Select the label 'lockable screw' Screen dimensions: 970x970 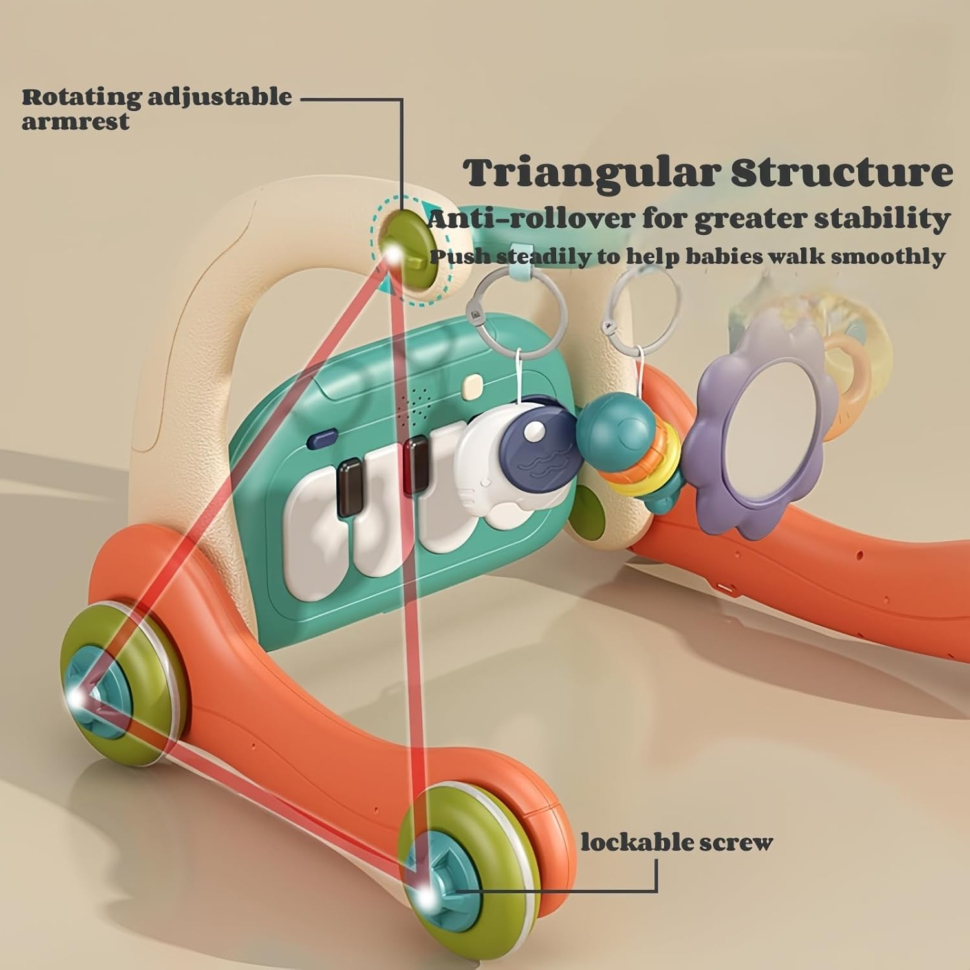676,843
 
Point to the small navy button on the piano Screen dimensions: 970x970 319,440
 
